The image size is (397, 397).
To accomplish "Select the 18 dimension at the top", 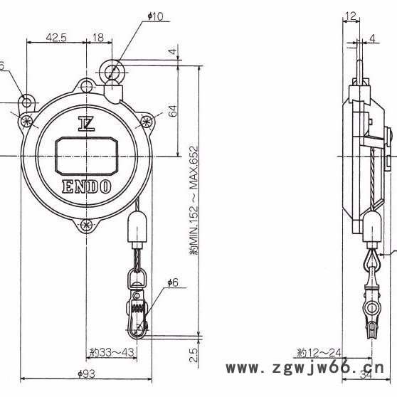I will (99, 38).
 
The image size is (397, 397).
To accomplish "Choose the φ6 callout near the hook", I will (172, 283).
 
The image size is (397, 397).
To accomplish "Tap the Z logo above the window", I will (87, 123).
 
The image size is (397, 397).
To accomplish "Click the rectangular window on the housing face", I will (87, 154).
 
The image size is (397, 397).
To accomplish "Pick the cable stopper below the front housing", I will (135, 228).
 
